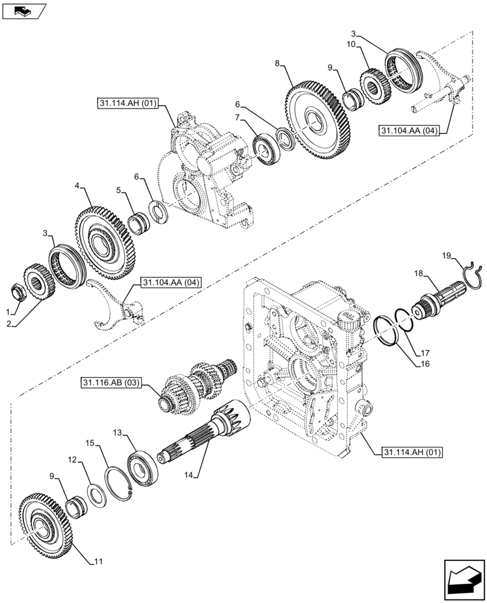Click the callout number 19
[447, 256]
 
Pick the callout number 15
[90, 444]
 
